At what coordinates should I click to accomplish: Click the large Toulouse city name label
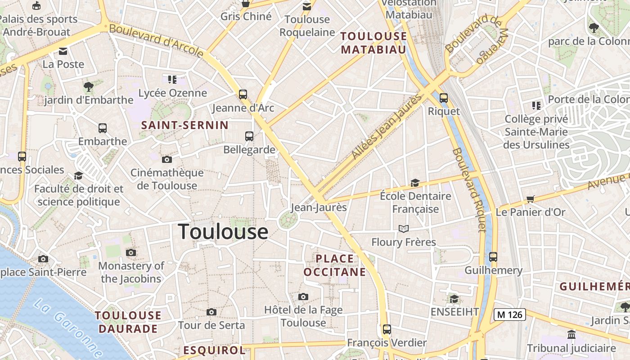224,232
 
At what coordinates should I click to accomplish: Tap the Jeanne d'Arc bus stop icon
243,94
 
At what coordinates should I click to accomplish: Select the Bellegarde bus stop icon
249,136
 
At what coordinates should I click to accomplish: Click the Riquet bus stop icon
444,98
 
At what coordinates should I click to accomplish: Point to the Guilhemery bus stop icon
493,257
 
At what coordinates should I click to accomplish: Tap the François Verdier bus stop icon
387,329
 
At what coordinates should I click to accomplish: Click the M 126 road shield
510,314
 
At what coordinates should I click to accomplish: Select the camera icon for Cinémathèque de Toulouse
167,159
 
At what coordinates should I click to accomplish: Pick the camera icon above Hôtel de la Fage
303,297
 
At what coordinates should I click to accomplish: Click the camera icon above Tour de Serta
211,312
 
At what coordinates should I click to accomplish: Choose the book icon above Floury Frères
404,229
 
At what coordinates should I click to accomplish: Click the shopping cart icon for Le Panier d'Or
531,199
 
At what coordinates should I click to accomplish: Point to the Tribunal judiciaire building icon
571,334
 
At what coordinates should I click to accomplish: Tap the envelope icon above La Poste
63,51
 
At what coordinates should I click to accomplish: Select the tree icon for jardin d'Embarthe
89,86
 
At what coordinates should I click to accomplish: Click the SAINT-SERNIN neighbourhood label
185,125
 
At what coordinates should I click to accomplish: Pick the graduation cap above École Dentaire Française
415,183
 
